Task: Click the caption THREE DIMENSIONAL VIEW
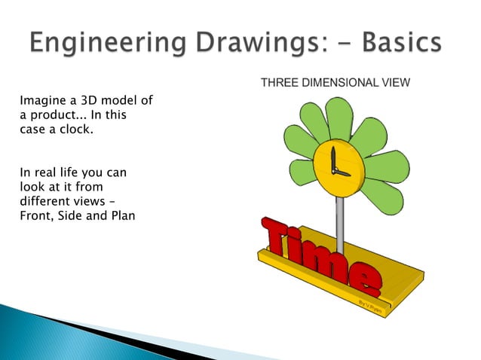click(335, 83)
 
